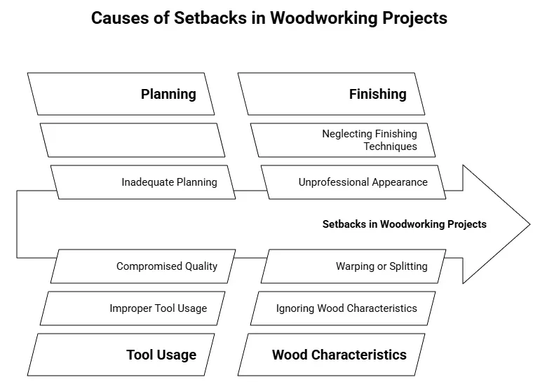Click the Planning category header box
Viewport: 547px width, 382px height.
[x=121, y=94]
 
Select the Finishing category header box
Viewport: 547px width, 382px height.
[x=331, y=94]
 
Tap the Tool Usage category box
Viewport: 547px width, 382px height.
[x=121, y=354]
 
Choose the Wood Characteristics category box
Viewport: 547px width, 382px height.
[x=331, y=354]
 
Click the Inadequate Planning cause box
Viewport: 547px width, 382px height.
[x=143, y=182]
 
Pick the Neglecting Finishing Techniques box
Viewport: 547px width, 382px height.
[x=343, y=140]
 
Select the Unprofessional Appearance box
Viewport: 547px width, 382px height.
[x=353, y=182]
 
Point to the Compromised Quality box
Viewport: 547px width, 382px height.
[x=143, y=266]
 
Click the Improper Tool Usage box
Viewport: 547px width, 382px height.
[x=133, y=308]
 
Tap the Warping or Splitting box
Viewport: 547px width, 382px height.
[x=353, y=266]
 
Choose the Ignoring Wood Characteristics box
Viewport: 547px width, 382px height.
[x=343, y=308]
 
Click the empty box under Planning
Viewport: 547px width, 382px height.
[x=133, y=140]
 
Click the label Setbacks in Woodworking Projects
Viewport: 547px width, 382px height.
[x=404, y=224]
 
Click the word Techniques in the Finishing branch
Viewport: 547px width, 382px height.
[x=390, y=146]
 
